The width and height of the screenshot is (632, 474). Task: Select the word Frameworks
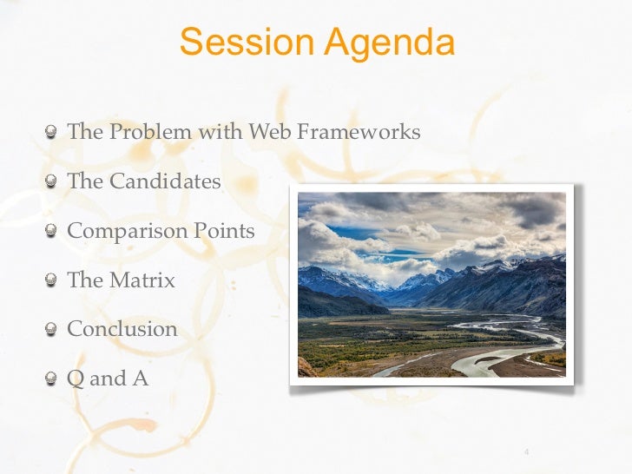click(x=359, y=132)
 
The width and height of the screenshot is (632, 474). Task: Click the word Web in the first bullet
click(x=270, y=132)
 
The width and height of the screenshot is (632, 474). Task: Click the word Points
click(x=224, y=231)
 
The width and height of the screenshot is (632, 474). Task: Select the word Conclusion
click(x=122, y=329)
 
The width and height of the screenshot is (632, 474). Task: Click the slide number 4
click(x=527, y=451)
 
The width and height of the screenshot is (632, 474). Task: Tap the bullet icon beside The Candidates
click(x=55, y=182)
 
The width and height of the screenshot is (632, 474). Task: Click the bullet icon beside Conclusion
click(x=55, y=330)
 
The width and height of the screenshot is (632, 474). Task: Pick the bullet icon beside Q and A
click(x=55, y=379)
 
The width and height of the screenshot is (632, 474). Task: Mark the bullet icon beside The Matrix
click(x=55, y=281)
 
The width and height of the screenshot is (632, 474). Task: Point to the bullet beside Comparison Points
click(x=55, y=232)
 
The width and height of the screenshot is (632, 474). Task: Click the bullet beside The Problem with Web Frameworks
click(x=55, y=133)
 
